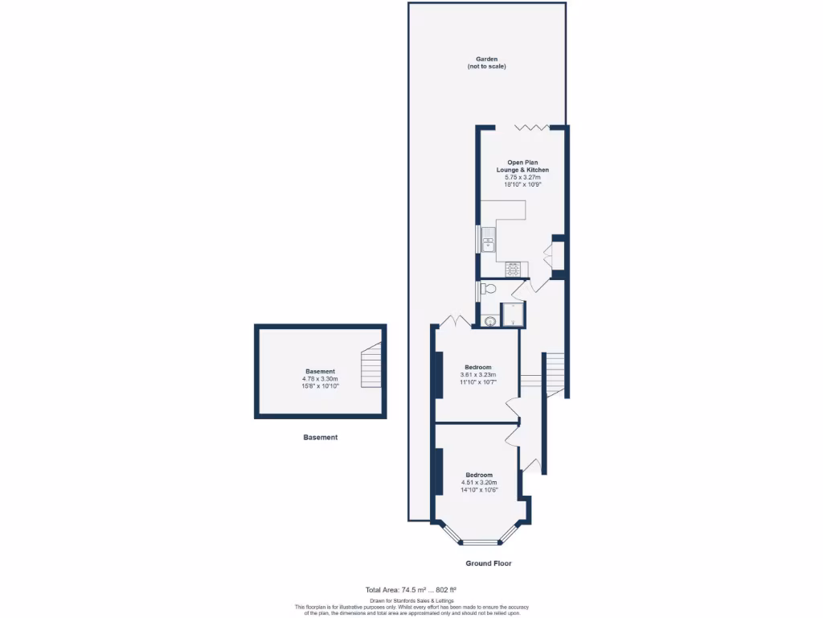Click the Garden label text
(x=486, y=59)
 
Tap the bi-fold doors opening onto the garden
(x=531, y=127)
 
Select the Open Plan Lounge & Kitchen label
(x=527, y=167)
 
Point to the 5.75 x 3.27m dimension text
(x=527, y=177)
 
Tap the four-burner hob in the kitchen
(x=513, y=268)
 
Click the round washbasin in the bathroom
(x=489, y=321)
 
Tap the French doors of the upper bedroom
(x=455, y=320)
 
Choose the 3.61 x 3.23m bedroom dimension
(x=478, y=375)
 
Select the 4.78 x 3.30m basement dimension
(x=320, y=379)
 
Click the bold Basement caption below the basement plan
(x=320, y=438)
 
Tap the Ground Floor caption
(x=489, y=563)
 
